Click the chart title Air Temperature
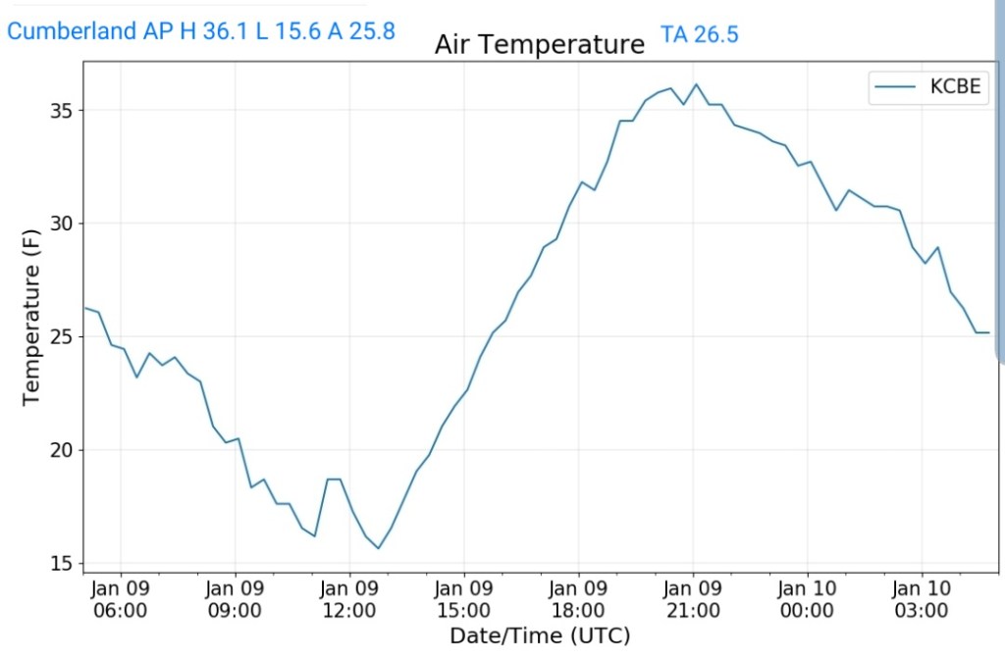click(539, 45)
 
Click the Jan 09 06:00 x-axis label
click(121, 599)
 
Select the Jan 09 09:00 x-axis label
click(236, 599)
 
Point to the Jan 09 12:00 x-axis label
click(349, 599)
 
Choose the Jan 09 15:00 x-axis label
click(464, 599)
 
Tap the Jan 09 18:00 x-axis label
click(578, 599)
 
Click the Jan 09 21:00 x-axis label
click(693, 599)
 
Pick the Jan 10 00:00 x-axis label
click(807, 599)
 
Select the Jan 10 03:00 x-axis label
click(922, 599)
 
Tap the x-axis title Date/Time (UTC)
click(539, 635)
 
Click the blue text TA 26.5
click(700, 35)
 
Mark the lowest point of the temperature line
click(378, 548)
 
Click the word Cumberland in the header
click(72, 31)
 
